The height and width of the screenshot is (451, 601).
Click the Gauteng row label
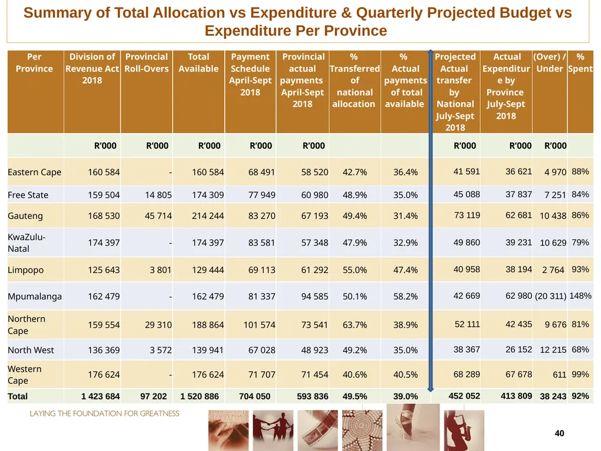(25, 216)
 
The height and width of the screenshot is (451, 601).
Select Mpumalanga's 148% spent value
(580, 296)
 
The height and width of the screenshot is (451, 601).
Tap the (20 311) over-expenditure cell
(551, 296)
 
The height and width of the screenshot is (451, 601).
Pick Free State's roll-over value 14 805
(158, 195)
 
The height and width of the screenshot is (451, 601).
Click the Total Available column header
(198, 62)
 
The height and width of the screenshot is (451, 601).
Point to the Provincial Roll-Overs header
(146, 62)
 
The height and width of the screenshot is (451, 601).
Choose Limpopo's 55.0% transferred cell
(354, 270)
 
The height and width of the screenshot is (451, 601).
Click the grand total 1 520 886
(200, 396)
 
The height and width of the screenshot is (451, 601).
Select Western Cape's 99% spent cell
(580, 374)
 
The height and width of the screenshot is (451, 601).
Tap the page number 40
(559, 433)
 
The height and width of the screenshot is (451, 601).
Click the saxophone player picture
(464, 430)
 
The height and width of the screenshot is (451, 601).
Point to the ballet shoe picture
(413, 428)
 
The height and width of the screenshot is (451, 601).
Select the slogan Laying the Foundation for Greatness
(104, 413)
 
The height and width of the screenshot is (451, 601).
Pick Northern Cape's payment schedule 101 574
(259, 325)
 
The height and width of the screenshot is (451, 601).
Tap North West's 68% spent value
(580, 349)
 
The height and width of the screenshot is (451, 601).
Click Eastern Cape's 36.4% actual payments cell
(406, 172)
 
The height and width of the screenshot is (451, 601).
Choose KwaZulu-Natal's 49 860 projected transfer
(467, 243)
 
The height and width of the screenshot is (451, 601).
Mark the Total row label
(18, 396)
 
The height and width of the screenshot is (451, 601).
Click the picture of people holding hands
(273, 430)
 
